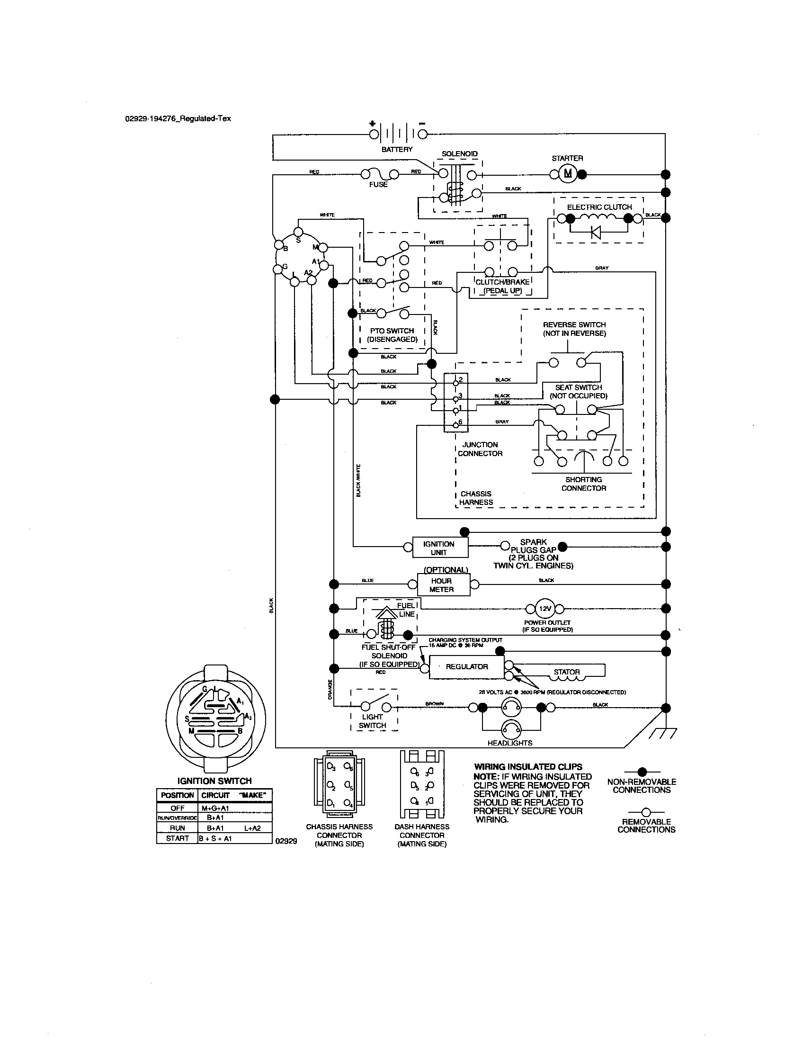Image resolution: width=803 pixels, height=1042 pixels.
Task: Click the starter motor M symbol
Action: click(x=567, y=174)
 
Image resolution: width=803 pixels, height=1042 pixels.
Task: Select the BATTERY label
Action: click(x=397, y=149)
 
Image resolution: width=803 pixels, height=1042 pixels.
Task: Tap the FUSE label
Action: click(x=378, y=185)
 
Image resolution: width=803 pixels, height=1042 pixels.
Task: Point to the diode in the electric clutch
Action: click(x=596, y=233)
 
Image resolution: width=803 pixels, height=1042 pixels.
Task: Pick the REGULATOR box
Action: click(x=466, y=667)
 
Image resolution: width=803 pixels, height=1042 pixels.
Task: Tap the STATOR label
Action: click(x=566, y=672)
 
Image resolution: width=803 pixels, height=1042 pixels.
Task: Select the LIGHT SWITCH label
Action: click(x=373, y=721)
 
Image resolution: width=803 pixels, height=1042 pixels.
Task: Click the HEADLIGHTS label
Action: click(x=510, y=743)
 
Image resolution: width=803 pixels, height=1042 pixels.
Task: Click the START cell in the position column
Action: click(x=177, y=838)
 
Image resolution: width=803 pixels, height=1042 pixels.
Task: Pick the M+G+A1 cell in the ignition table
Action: click(x=215, y=808)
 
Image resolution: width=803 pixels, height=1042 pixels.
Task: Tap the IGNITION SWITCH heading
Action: click(x=214, y=781)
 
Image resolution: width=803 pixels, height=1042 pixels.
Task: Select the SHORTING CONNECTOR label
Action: click(x=584, y=484)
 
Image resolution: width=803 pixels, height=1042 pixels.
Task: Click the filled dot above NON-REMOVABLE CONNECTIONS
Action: click(x=642, y=772)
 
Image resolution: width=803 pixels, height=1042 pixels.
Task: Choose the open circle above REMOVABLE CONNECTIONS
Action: click(x=646, y=811)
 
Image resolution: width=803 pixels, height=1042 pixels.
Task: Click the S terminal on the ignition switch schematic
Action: click(x=298, y=233)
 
